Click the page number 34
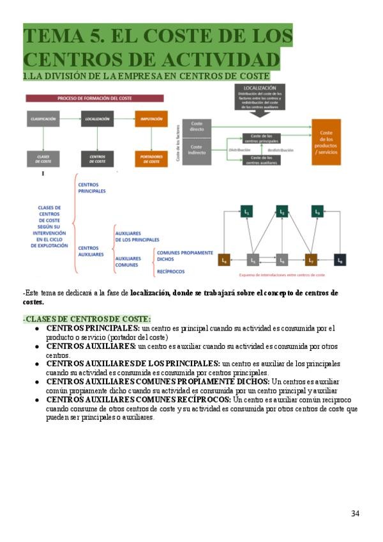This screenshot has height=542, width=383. click(x=356, y=513)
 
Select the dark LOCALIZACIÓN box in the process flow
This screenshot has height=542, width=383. click(x=97, y=119)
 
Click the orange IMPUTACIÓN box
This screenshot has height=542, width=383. click(x=151, y=119)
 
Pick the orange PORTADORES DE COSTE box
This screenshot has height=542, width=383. click(x=151, y=159)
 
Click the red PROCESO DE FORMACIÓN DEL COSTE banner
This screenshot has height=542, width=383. click(x=94, y=98)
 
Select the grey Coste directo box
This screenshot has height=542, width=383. click(x=197, y=127)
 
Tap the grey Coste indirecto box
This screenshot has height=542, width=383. click(x=197, y=151)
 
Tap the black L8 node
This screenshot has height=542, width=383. click(x=341, y=260)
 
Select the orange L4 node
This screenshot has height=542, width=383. click(x=224, y=260)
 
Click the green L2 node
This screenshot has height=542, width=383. click(x=282, y=212)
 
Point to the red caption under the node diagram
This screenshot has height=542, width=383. click(x=282, y=275)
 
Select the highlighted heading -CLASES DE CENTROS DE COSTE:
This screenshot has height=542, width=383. click(x=87, y=319)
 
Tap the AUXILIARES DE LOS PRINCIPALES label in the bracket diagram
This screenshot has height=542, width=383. click(x=137, y=236)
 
